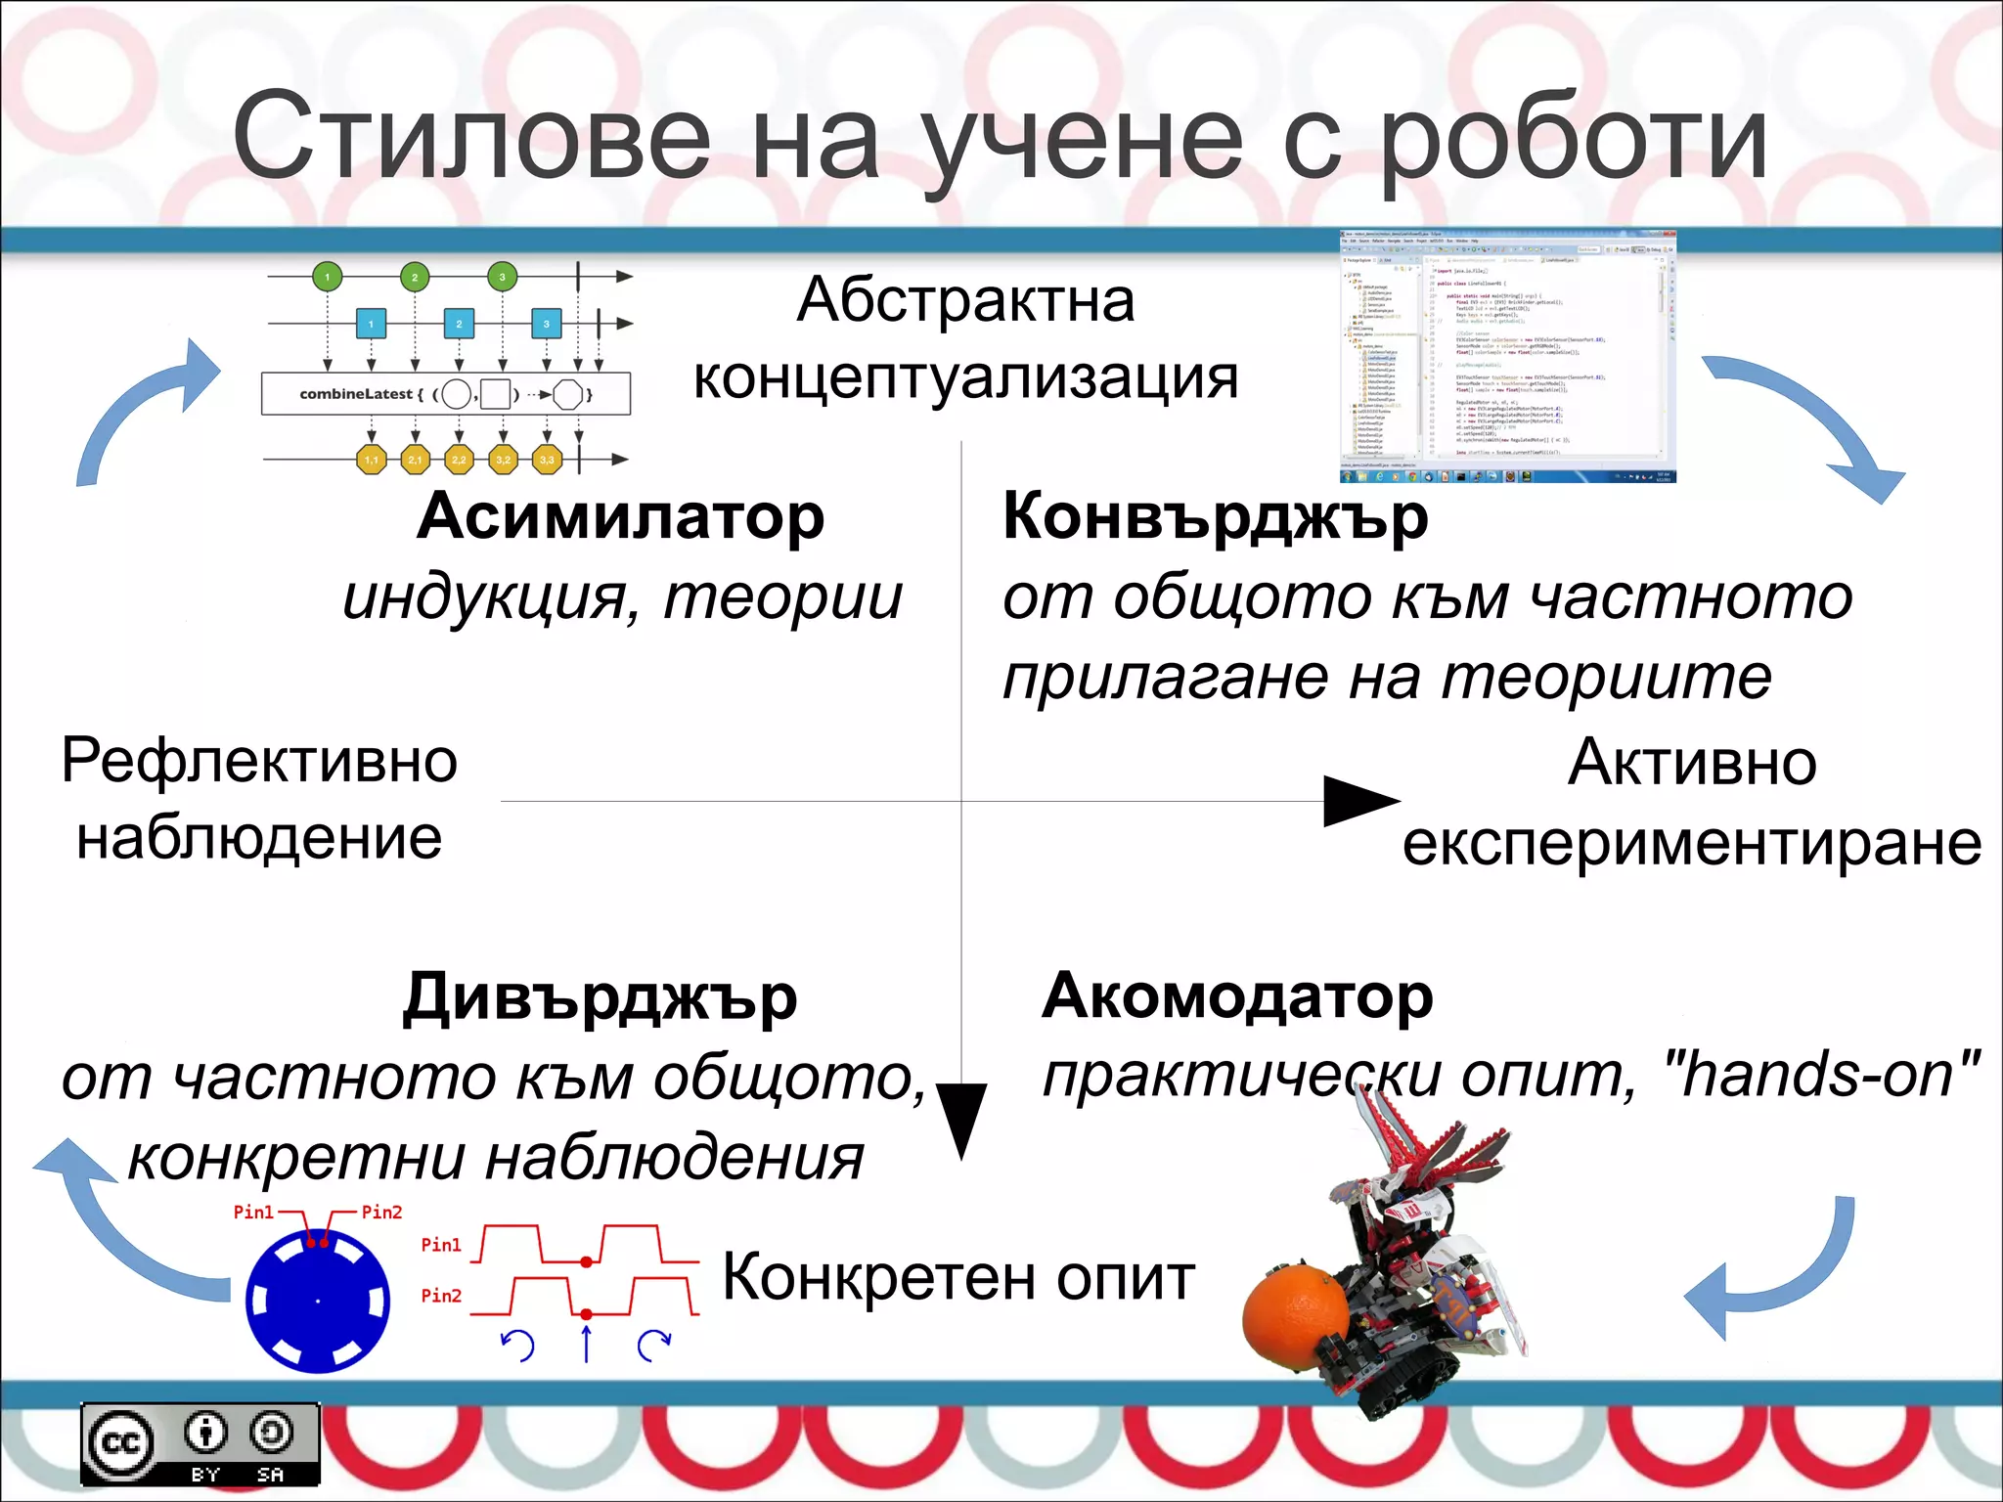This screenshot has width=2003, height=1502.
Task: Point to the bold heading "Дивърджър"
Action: [601, 997]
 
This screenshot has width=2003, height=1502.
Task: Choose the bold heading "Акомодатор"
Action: [1238, 995]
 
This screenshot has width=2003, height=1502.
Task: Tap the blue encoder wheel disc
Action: [318, 1301]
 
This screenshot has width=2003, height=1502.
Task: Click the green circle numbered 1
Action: [328, 277]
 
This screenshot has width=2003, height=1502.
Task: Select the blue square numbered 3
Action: [546, 324]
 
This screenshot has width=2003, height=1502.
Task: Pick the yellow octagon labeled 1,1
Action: [372, 459]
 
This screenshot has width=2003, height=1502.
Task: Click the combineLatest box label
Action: [357, 394]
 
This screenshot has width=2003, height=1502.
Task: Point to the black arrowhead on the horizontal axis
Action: [1359, 801]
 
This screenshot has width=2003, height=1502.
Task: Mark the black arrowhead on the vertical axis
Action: [961, 1120]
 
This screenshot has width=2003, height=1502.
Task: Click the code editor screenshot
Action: [1508, 357]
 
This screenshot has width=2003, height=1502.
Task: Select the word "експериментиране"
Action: [1692, 843]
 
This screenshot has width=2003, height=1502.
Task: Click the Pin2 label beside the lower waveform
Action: [440, 1296]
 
